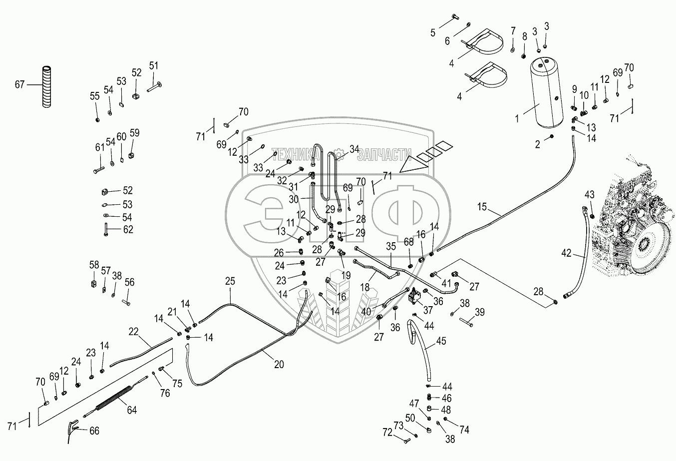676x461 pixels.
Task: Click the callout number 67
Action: click(x=19, y=85)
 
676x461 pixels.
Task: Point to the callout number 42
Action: click(x=566, y=253)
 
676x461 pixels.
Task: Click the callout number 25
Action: click(x=230, y=281)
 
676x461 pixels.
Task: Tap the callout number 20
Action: click(x=279, y=365)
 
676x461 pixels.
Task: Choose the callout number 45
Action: click(x=441, y=342)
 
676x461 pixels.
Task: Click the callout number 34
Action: click(x=354, y=148)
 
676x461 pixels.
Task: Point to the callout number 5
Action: click(x=433, y=32)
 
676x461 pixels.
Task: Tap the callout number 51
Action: click(x=153, y=65)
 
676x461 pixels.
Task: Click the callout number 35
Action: click(x=391, y=245)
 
